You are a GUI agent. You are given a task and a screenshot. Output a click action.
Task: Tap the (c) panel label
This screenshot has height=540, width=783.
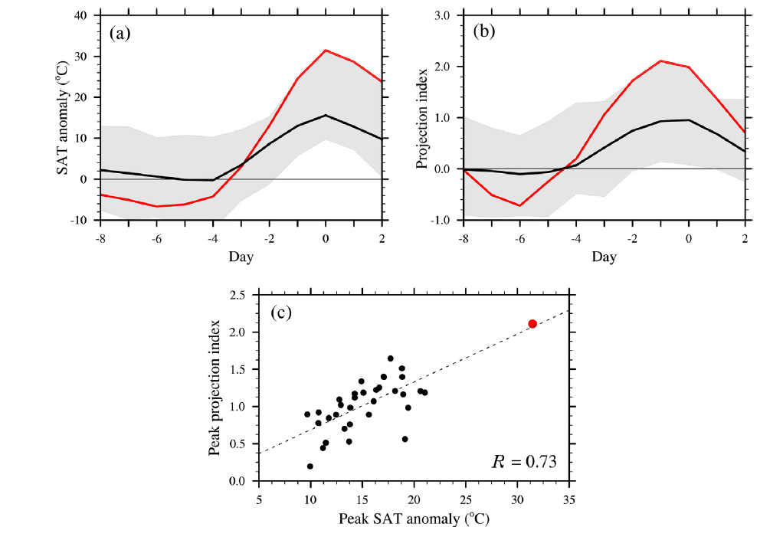282,314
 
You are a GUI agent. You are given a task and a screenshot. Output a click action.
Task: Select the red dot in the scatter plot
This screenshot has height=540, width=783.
532,324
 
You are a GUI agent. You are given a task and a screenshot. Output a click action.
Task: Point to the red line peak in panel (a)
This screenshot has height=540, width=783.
326,50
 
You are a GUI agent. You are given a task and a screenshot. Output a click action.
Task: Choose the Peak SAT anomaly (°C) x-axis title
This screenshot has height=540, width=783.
414,519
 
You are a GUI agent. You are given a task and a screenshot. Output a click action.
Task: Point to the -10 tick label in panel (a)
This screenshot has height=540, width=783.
79,221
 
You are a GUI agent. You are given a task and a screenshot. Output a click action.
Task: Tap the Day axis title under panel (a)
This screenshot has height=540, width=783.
241,257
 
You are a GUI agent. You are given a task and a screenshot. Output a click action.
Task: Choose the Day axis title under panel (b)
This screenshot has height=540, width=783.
604,257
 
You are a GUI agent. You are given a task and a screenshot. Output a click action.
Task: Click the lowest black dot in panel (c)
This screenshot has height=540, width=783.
310,466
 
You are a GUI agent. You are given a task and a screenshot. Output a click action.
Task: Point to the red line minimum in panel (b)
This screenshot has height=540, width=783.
519,205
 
